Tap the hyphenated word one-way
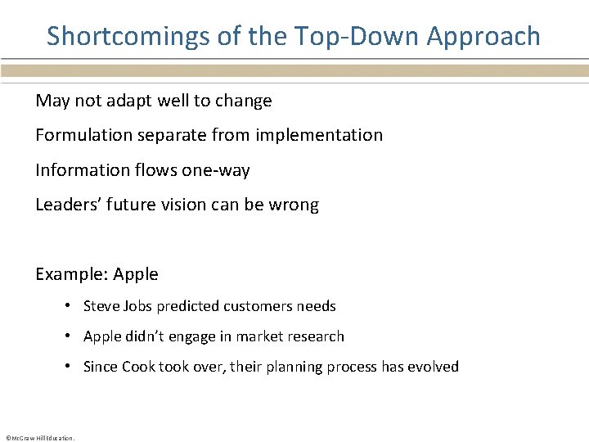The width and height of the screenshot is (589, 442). (216, 170)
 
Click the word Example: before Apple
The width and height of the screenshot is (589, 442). (71, 274)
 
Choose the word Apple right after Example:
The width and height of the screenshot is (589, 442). (136, 274)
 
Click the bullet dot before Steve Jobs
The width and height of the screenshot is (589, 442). (71, 306)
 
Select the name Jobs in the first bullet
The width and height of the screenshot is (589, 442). (137, 306)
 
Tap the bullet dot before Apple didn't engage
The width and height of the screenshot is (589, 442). (71, 336)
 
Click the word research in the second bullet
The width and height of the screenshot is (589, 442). (317, 336)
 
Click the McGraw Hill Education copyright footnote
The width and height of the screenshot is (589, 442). (39, 437)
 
